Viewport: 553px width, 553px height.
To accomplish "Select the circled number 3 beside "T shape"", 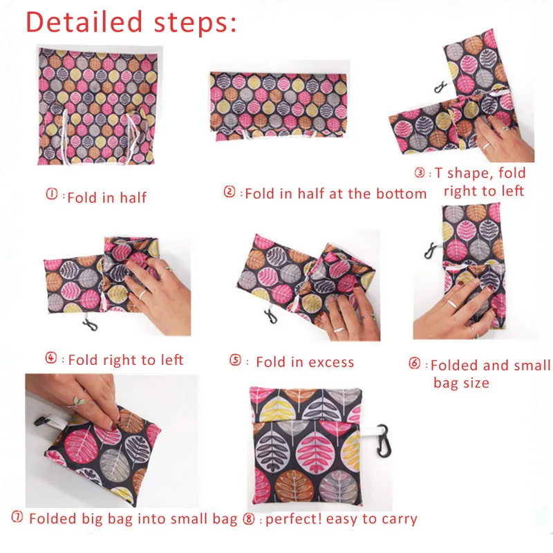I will (x=420, y=172).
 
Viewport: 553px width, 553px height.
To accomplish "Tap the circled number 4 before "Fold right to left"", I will (x=51, y=359).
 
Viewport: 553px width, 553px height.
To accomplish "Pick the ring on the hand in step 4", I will (x=140, y=294).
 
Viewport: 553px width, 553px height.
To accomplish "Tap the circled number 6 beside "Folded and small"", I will (x=415, y=364).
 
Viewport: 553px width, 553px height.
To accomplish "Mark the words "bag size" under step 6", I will (x=461, y=382).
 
